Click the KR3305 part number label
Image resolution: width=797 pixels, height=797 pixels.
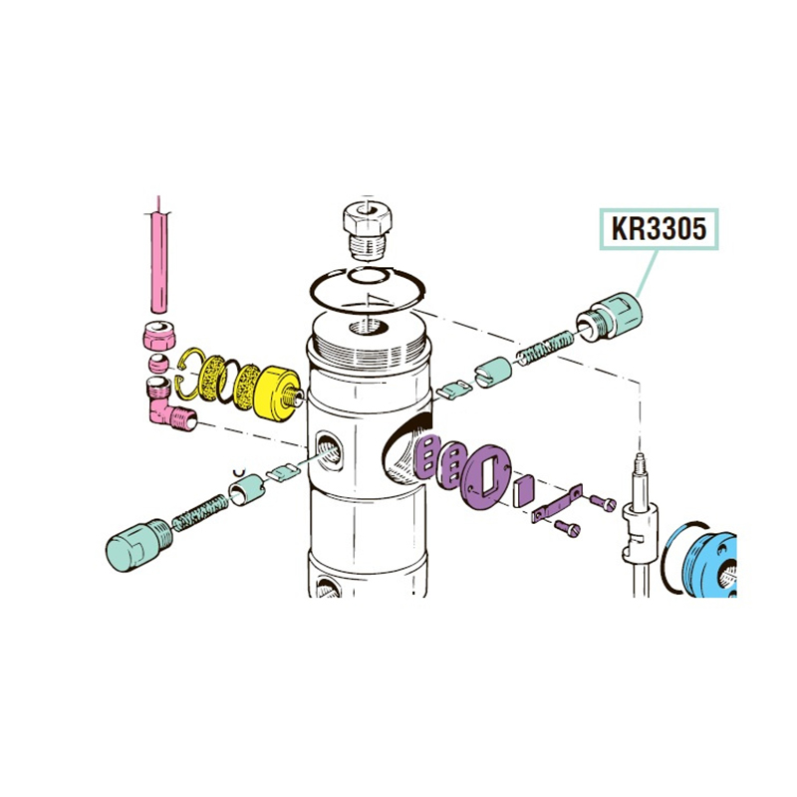pyautogui.click(x=660, y=229)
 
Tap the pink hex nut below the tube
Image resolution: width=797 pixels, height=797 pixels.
pyautogui.click(x=158, y=335)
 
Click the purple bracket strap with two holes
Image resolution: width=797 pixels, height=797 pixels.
pyautogui.click(x=557, y=506)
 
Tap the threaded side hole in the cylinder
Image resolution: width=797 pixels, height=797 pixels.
pyautogui.click(x=329, y=451)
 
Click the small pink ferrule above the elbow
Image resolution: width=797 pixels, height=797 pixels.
pyautogui.click(x=158, y=364)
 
